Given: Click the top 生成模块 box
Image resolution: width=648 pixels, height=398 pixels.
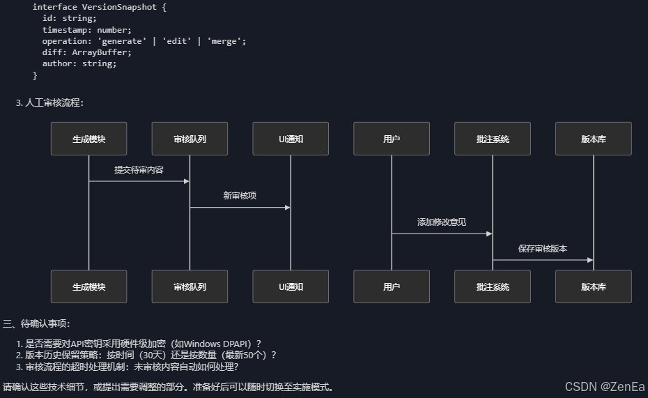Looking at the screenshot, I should (x=88, y=139).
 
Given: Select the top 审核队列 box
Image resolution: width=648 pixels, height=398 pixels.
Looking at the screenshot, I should (x=190, y=139).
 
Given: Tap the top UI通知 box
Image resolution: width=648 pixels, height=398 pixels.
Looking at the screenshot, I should (x=291, y=139).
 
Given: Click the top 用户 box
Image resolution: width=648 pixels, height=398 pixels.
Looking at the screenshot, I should (x=392, y=139).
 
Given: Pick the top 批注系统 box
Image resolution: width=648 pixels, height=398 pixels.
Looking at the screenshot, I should (x=493, y=139).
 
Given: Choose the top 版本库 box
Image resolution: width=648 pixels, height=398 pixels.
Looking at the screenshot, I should (x=594, y=139).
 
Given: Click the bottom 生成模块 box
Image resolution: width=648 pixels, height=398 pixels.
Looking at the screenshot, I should (x=88, y=286).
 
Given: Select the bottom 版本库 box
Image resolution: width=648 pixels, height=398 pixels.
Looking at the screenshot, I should (x=594, y=286).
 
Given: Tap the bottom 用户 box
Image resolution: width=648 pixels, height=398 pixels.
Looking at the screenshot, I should (x=392, y=286).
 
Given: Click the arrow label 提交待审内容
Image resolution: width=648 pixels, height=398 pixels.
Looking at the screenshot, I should (x=139, y=169).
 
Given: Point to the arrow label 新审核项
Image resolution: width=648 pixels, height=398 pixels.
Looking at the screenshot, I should (x=240, y=196).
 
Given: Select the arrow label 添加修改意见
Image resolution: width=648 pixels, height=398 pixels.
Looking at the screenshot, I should (x=442, y=222).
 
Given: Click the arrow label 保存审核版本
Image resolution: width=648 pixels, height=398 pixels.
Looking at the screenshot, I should (x=543, y=248).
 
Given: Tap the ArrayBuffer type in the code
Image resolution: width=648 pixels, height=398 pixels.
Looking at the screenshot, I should (x=101, y=52).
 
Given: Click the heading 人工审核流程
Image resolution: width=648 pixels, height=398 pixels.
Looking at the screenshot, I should (x=54, y=102).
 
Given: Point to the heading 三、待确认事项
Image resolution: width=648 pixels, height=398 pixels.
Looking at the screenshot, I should (x=37, y=323).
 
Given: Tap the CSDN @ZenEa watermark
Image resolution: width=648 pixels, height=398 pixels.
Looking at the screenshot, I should (x=604, y=387).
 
